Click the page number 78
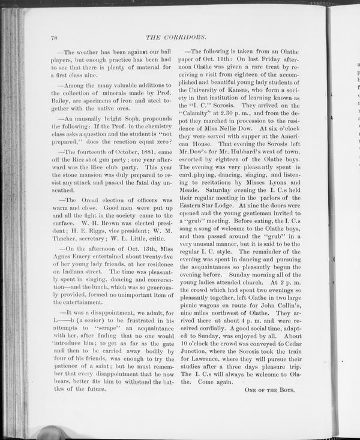tap(55, 38)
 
